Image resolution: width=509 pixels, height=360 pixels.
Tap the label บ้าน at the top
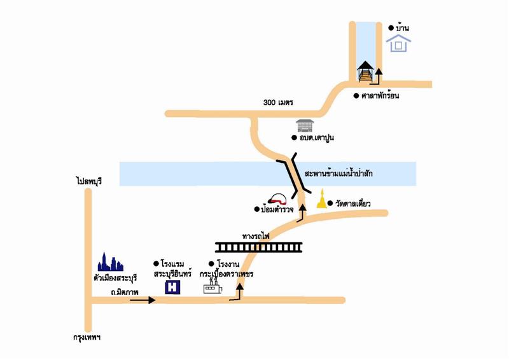(x=403, y=27)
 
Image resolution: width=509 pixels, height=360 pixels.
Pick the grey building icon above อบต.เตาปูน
(x=305, y=125)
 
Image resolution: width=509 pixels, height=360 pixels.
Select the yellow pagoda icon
(x=323, y=200)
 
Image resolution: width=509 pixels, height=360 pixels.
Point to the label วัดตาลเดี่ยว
(x=353, y=204)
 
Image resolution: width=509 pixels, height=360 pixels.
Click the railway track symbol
(x=258, y=247)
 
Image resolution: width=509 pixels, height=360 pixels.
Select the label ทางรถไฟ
(x=256, y=235)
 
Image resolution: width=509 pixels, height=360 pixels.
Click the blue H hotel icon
(x=172, y=287)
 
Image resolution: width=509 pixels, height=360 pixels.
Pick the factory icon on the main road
(x=212, y=287)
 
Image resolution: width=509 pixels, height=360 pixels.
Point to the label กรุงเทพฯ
(x=88, y=337)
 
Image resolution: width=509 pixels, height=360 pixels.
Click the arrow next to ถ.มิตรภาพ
(x=143, y=300)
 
